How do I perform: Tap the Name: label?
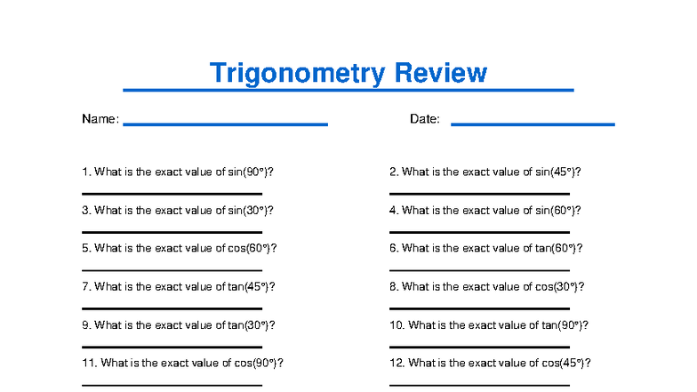[x=100, y=119]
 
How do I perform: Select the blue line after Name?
[x=225, y=124]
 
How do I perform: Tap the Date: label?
[x=425, y=119]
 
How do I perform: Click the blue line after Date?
[x=533, y=124]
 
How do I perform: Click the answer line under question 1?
[x=172, y=193]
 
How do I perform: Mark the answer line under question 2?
[x=479, y=193]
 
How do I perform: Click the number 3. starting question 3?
[x=86, y=211]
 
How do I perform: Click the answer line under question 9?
[x=172, y=346]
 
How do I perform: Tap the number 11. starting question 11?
[x=89, y=364]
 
